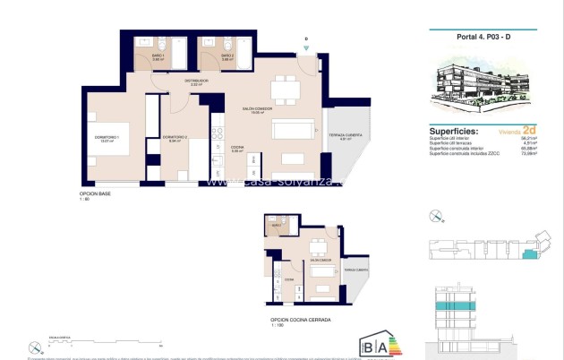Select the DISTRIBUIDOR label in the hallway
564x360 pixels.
[196, 81]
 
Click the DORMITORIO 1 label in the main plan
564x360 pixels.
[107, 138]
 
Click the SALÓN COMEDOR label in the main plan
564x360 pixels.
[256, 110]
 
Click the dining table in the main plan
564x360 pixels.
[286, 88]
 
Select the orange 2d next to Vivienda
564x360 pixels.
[529, 130]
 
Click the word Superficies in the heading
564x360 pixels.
[453, 130]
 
